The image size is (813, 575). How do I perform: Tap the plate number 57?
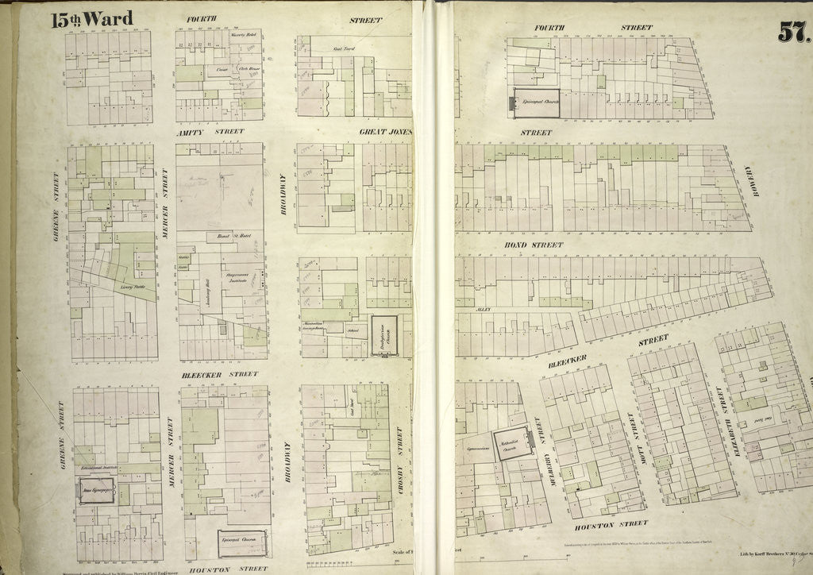(x=792, y=32)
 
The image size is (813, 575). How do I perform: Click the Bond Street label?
(x=534, y=245)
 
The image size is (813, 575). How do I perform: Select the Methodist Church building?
(x=504, y=450)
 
